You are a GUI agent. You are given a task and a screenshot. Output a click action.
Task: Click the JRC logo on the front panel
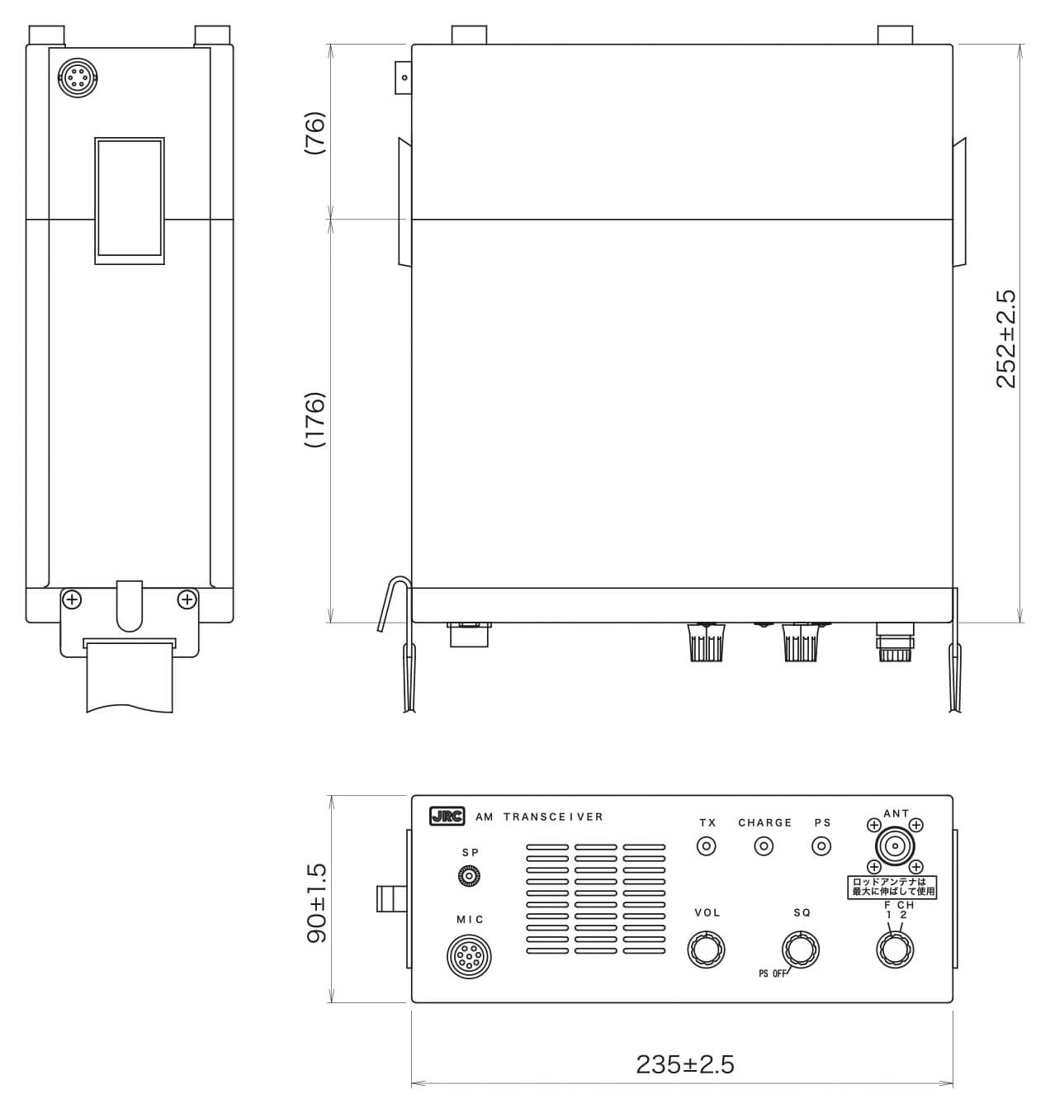pos(447,817)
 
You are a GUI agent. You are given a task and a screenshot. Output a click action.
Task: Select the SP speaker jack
pos(470,876)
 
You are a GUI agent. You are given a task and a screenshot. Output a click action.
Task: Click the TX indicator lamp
pos(707,846)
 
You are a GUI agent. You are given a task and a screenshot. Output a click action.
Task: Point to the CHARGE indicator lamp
pos(765,846)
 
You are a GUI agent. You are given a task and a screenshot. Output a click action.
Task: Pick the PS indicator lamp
pos(821,846)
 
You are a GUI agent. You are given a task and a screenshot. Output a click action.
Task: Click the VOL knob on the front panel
pos(706,950)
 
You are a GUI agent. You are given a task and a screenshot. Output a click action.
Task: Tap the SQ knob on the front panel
pos(800,950)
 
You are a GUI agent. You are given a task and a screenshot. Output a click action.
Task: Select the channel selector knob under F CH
pos(894,950)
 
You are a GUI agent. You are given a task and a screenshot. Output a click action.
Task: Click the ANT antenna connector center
pos(894,846)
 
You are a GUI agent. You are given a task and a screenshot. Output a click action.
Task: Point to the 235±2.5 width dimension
pos(684,1064)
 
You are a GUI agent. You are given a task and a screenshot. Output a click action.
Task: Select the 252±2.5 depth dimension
pos(1005,339)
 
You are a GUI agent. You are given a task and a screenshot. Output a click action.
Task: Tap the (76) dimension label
pos(315,133)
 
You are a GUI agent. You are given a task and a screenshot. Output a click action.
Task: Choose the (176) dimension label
pos(315,419)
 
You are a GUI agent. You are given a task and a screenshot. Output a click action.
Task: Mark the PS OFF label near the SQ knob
pos(773,973)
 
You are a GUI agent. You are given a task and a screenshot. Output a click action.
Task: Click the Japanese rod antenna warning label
pos(894,888)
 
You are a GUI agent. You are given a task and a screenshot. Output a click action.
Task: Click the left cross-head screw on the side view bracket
pos(73,599)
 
